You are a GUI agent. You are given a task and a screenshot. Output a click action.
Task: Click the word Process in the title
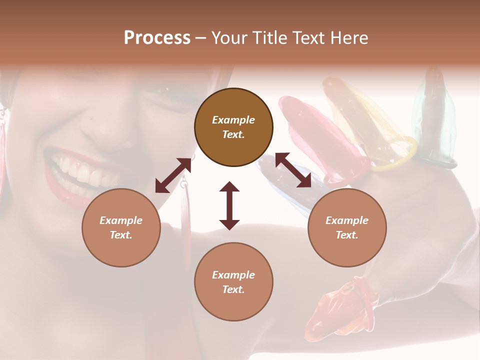pos(157,38)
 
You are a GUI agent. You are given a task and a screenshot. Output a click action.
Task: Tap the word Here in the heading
pos(348,38)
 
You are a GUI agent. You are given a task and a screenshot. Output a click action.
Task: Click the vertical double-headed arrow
pos(229,205)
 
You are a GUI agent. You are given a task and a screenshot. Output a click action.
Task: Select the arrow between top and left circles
pos(173,175)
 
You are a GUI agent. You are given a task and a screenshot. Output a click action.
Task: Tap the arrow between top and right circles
pos(293,170)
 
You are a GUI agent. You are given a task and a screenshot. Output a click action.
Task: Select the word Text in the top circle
pos(233,134)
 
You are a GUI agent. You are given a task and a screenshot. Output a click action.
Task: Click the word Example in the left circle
pos(121,220)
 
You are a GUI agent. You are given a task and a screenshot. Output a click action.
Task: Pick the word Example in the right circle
pos(347,220)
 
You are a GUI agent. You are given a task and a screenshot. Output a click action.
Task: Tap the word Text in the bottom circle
pos(233,289)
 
